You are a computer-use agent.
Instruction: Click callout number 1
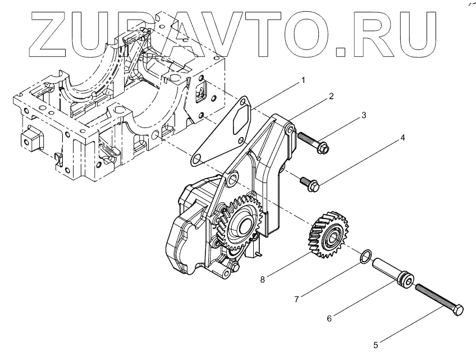point(303,80)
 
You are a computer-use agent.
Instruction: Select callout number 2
point(331,96)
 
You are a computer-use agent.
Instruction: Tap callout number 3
point(364,115)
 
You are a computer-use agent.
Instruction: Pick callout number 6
point(329,318)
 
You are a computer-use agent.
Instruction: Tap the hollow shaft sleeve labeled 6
point(392,271)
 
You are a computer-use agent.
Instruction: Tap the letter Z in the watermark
point(54,34)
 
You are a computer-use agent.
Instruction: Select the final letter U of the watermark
point(418,34)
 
